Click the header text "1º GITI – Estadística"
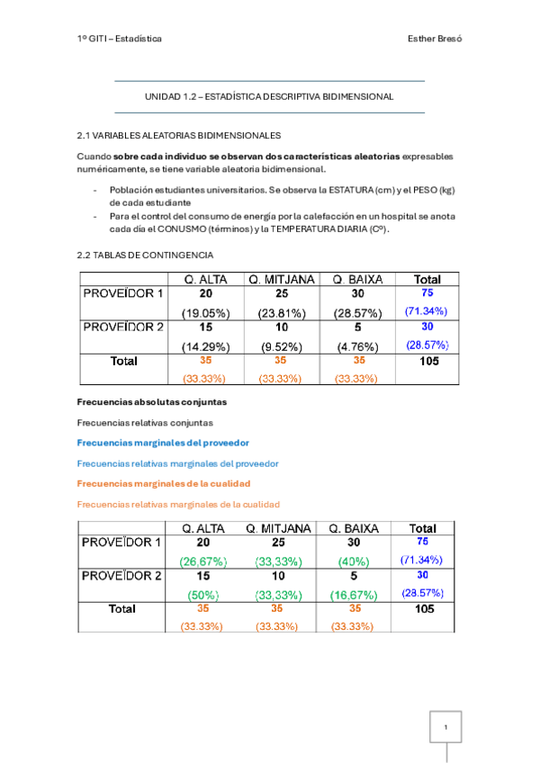pyautogui.click(x=120, y=39)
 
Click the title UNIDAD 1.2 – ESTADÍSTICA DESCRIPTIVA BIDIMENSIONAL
pyautogui.click(x=269, y=96)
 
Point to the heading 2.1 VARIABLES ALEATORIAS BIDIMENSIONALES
pyautogui.click(x=179, y=136)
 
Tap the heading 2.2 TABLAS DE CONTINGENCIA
pyautogui.click(x=145, y=256)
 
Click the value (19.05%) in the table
pyautogui.click(x=206, y=313)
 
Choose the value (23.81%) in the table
pyautogui.click(x=280, y=313)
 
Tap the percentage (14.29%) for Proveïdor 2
pyautogui.click(x=206, y=346)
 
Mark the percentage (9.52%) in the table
pyautogui.click(x=280, y=346)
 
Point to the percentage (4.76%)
pyautogui.click(x=357, y=346)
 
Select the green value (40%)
pyautogui.click(x=357, y=561)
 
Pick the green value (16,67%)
pyautogui.click(x=357, y=595)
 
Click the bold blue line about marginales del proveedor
pyautogui.click(x=163, y=443)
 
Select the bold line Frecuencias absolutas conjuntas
pyautogui.click(x=151, y=402)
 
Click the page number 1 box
pyautogui.click(x=445, y=726)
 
